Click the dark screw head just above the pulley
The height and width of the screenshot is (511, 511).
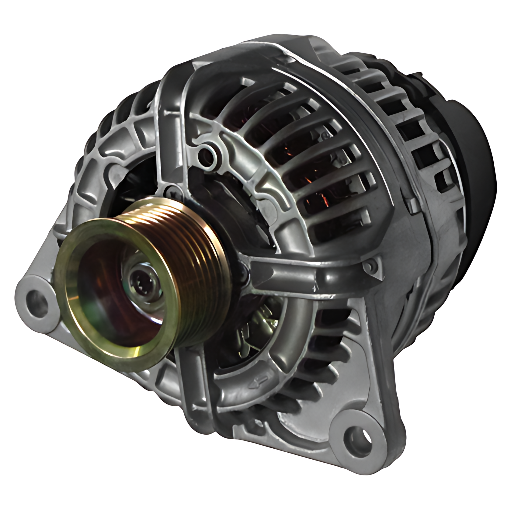coord(172,191)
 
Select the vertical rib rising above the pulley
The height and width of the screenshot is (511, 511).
coord(170,128)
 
